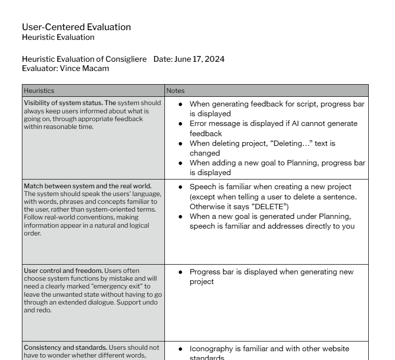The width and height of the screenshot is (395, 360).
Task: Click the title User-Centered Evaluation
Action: pyautogui.click(x=76, y=27)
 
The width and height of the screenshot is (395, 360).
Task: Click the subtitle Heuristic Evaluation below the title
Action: pyautogui.click(x=58, y=37)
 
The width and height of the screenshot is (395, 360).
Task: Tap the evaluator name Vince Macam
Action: pyautogui.click(x=84, y=69)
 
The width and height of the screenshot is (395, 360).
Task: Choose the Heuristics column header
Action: pyautogui.click(x=39, y=90)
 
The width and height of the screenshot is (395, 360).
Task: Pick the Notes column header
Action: pyautogui.click(x=176, y=90)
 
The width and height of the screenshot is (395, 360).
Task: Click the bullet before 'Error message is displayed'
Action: pyautogui.click(x=180, y=124)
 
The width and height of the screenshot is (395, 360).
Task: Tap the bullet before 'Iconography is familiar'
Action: pyautogui.click(x=180, y=349)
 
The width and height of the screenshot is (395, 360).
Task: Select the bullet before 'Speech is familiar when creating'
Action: pyautogui.click(x=180, y=187)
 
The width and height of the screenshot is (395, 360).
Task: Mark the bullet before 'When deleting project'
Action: pyautogui.click(x=180, y=144)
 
